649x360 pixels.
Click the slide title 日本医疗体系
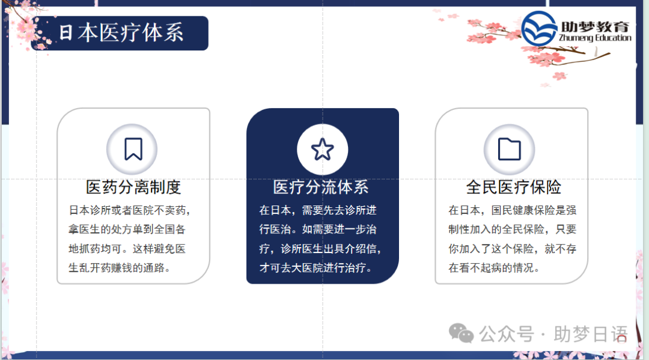pyautogui.click(x=121, y=33)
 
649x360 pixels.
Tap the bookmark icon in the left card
pyautogui.click(x=133, y=149)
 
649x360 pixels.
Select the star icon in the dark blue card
pyautogui.click(x=323, y=149)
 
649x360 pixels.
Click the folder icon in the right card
pyautogui.click(x=510, y=149)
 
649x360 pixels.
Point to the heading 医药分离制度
pyautogui.click(x=133, y=187)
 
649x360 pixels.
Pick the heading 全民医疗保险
pyautogui.click(x=513, y=187)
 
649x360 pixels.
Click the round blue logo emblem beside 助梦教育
pyautogui.click(x=539, y=29)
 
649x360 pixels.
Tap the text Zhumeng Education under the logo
pyautogui.click(x=595, y=38)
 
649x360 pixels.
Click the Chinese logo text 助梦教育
pyautogui.click(x=595, y=26)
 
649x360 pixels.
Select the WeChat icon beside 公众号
pyautogui.click(x=462, y=333)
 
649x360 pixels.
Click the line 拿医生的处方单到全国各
pyautogui.click(x=127, y=230)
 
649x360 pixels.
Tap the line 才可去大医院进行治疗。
pyautogui.click(x=316, y=267)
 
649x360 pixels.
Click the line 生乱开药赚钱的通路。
pyautogui.click(x=120, y=267)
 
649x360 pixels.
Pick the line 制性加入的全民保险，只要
pyautogui.click(x=512, y=230)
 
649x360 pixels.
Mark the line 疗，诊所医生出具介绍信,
pyautogui.click(x=320, y=249)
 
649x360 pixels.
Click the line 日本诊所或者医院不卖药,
pyautogui.click(x=130, y=210)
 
